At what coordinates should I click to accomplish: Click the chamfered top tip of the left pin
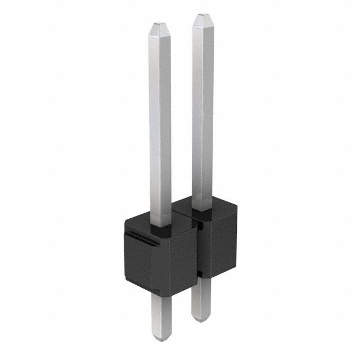click(160, 26)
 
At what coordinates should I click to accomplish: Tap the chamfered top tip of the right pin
click(201, 19)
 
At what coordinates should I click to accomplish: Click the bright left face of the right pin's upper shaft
click(197, 112)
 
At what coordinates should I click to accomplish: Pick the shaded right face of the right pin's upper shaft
click(207, 112)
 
